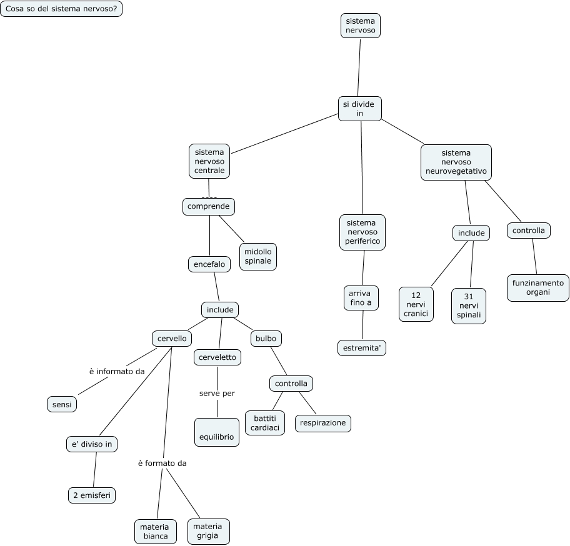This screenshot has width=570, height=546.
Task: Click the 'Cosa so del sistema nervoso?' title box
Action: tap(61, 9)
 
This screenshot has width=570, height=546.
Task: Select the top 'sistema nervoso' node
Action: tap(361, 26)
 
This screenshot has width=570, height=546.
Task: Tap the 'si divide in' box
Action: tap(359, 109)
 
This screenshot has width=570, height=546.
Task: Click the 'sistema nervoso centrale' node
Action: tap(209, 161)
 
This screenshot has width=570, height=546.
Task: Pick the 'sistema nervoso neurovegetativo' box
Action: tap(456, 162)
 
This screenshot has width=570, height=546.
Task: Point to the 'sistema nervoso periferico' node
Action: tap(362, 232)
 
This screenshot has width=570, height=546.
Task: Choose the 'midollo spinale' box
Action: tap(257, 256)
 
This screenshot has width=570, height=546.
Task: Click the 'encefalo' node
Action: tap(209, 264)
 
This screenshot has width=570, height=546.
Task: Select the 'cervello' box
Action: tap(172, 339)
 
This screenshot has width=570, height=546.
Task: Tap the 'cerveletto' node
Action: tap(217, 357)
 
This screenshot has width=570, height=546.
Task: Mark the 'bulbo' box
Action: tap(266, 339)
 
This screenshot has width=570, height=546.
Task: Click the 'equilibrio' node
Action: tap(216, 432)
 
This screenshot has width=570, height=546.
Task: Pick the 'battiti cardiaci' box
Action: tap(265, 422)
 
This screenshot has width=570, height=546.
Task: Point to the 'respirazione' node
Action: tap(322, 423)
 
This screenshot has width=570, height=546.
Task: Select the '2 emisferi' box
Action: tap(92, 495)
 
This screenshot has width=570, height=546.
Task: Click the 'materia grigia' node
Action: tap(207, 531)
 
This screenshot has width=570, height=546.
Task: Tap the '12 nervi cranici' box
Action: tap(416, 304)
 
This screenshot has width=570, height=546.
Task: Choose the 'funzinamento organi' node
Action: tap(537, 287)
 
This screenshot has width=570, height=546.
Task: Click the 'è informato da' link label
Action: tap(117, 371)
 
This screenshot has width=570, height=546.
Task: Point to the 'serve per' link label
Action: tap(217, 393)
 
